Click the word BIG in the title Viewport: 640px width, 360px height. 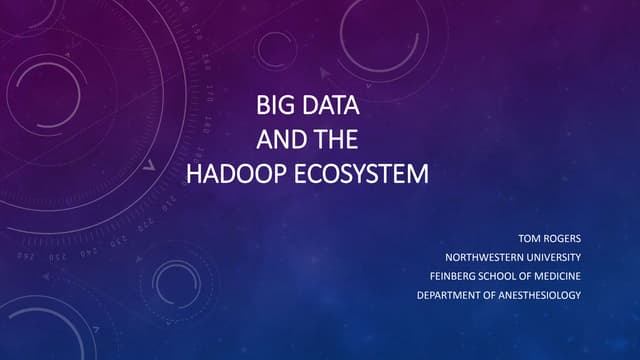click(x=274, y=104)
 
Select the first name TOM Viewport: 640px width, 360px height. click(x=531, y=239)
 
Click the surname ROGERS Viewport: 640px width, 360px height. click(x=563, y=239)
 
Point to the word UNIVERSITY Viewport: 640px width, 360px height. click(x=551, y=257)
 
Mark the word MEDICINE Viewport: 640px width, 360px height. click(x=557, y=275)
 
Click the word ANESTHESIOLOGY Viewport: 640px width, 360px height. click(x=540, y=293)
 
